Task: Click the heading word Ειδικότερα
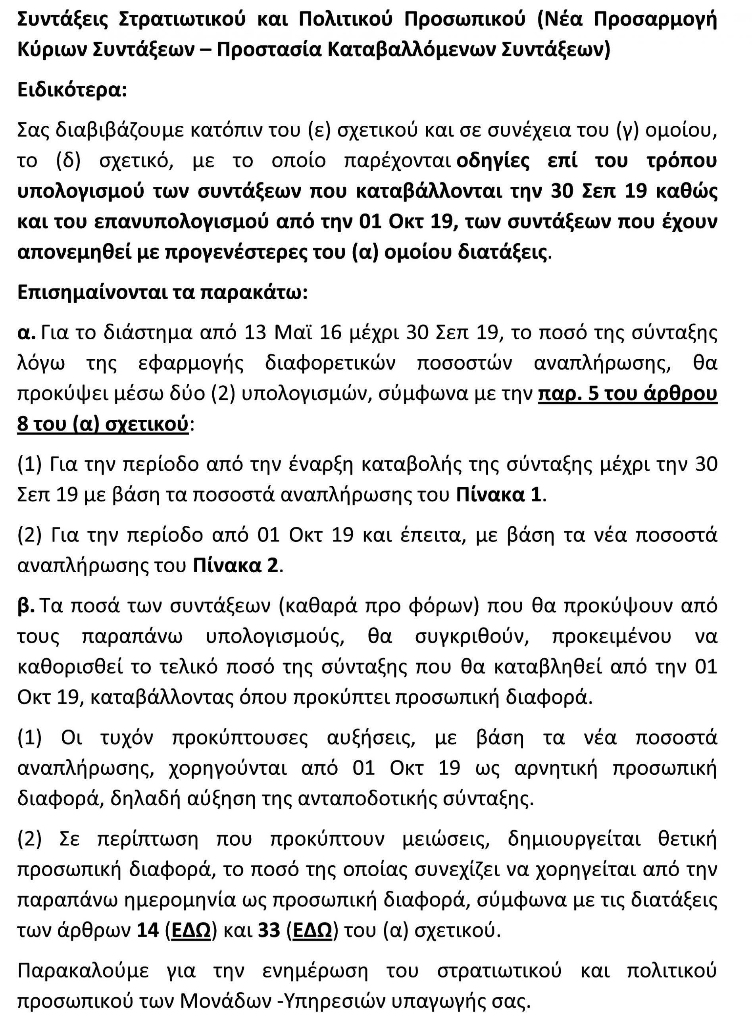(x=71, y=90)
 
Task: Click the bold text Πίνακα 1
(x=499, y=495)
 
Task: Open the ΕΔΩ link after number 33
(x=312, y=918)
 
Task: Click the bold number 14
(x=148, y=918)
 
